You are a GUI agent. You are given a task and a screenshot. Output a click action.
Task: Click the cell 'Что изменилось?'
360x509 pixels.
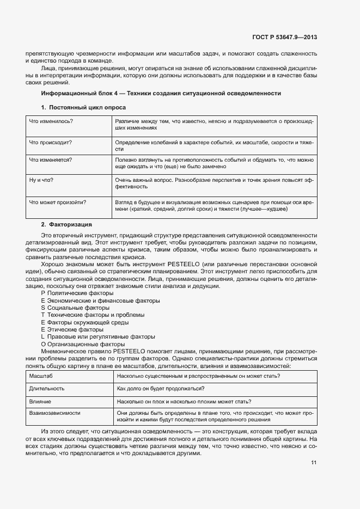(x=51, y=121)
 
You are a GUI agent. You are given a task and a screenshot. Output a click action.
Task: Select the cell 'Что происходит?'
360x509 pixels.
(x=51, y=142)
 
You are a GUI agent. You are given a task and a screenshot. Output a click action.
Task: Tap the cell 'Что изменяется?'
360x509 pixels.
(x=51, y=160)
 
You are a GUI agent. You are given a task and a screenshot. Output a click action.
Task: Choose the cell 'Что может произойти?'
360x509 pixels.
(x=58, y=202)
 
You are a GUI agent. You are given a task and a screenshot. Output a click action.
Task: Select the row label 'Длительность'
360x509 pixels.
(x=47, y=389)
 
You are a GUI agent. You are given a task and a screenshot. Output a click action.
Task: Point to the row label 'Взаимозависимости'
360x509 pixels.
(x=54, y=413)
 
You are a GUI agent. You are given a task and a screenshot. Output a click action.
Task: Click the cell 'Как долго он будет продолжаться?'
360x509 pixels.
(x=161, y=389)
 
